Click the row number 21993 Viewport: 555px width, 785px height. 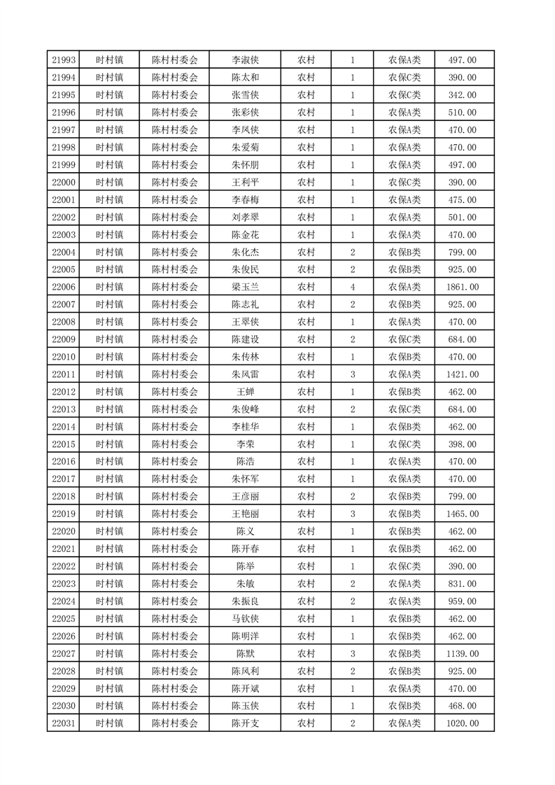(x=64, y=60)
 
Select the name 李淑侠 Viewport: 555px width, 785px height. (x=245, y=60)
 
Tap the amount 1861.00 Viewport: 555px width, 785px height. (x=462, y=287)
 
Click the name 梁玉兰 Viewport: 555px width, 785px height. (x=245, y=287)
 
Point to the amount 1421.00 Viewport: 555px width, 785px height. (x=462, y=374)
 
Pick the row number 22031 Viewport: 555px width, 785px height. (x=64, y=723)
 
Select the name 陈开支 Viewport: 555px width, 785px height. (x=245, y=723)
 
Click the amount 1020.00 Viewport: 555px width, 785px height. (x=462, y=723)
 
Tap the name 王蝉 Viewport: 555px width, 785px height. (x=245, y=392)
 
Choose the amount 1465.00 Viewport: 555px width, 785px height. (x=462, y=514)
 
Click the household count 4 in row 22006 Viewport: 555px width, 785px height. (x=352, y=287)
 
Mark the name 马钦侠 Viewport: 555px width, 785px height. (x=245, y=618)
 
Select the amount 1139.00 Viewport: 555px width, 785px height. (x=462, y=653)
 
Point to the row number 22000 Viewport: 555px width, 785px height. (x=64, y=183)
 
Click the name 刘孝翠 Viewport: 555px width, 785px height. (x=245, y=218)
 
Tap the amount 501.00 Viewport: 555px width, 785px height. (x=462, y=218)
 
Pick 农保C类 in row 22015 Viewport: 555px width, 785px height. (x=405, y=444)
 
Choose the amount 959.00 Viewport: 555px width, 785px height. (x=462, y=601)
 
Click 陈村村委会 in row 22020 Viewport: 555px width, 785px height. (x=175, y=532)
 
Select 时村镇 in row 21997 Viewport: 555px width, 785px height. (x=110, y=130)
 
